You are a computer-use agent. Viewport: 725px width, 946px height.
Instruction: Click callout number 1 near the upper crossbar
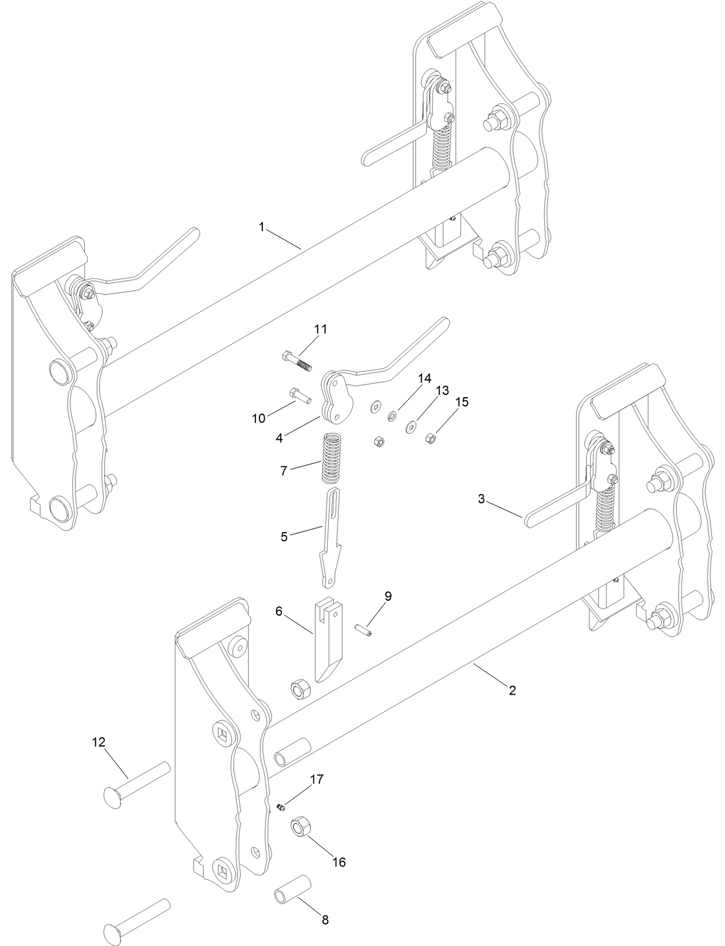pos(261,227)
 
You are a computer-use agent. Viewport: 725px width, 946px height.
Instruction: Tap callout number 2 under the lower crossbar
pos(512,689)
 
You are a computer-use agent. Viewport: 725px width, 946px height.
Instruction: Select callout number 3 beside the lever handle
pos(482,499)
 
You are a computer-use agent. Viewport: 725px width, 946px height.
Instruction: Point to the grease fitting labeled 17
pos(281,807)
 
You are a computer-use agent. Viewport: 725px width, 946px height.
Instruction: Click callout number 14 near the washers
pos(425,379)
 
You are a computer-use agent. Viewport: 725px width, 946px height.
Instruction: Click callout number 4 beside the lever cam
pos(279,438)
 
